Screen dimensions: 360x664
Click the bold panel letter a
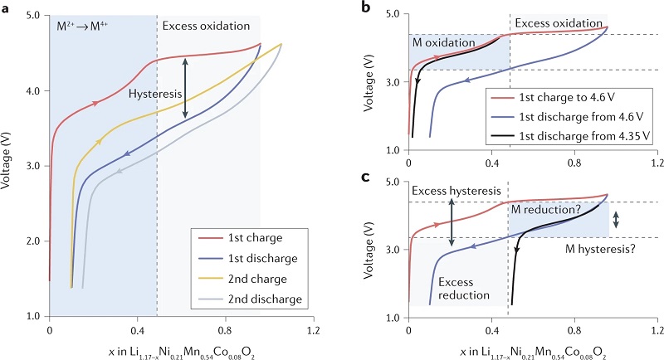point(6,7)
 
